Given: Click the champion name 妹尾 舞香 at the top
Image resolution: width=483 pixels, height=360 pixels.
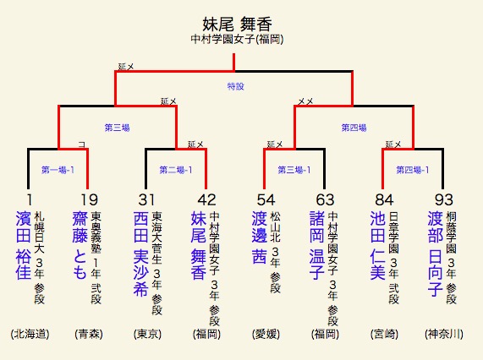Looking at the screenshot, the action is (237, 25).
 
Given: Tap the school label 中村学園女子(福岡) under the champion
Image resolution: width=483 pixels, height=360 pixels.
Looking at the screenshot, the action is (237, 39).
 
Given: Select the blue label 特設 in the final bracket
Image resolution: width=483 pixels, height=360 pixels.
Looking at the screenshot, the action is (236, 86).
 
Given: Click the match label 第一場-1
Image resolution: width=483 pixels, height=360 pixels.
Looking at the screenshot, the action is (58, 170).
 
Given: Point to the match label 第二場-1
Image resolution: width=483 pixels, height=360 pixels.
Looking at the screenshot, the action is (176, 170).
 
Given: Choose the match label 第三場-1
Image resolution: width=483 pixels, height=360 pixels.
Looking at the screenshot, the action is (294, 170).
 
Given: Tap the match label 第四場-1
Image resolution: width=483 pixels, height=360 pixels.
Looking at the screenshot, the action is (413, 170).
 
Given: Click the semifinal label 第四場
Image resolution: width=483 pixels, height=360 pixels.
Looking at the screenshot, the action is (354, 128).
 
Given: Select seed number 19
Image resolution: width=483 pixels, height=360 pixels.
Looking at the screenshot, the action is (90, 200).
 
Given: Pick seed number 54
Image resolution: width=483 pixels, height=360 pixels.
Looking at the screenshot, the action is (266, 200).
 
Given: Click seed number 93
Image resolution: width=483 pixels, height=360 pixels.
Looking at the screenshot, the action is (443, 200).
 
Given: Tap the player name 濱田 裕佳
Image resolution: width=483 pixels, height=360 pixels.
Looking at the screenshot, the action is (23, 245).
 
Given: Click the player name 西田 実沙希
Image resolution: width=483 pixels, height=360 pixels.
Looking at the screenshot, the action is (141, 254).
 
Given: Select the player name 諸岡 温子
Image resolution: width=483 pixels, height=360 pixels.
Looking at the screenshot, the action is (317, 245).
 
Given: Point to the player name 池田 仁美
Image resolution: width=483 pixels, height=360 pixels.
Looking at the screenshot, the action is (377, 245).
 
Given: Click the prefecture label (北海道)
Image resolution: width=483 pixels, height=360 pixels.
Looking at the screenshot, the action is (30, 334).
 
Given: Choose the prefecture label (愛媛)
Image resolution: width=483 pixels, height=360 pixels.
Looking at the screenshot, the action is (266, 334).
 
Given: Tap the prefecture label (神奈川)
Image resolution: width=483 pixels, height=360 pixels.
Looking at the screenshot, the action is (443, 334).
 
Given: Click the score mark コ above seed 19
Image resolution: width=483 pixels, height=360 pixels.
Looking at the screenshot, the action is (82, 145).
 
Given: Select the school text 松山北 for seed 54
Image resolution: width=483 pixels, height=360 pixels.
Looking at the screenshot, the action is (275, 226).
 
